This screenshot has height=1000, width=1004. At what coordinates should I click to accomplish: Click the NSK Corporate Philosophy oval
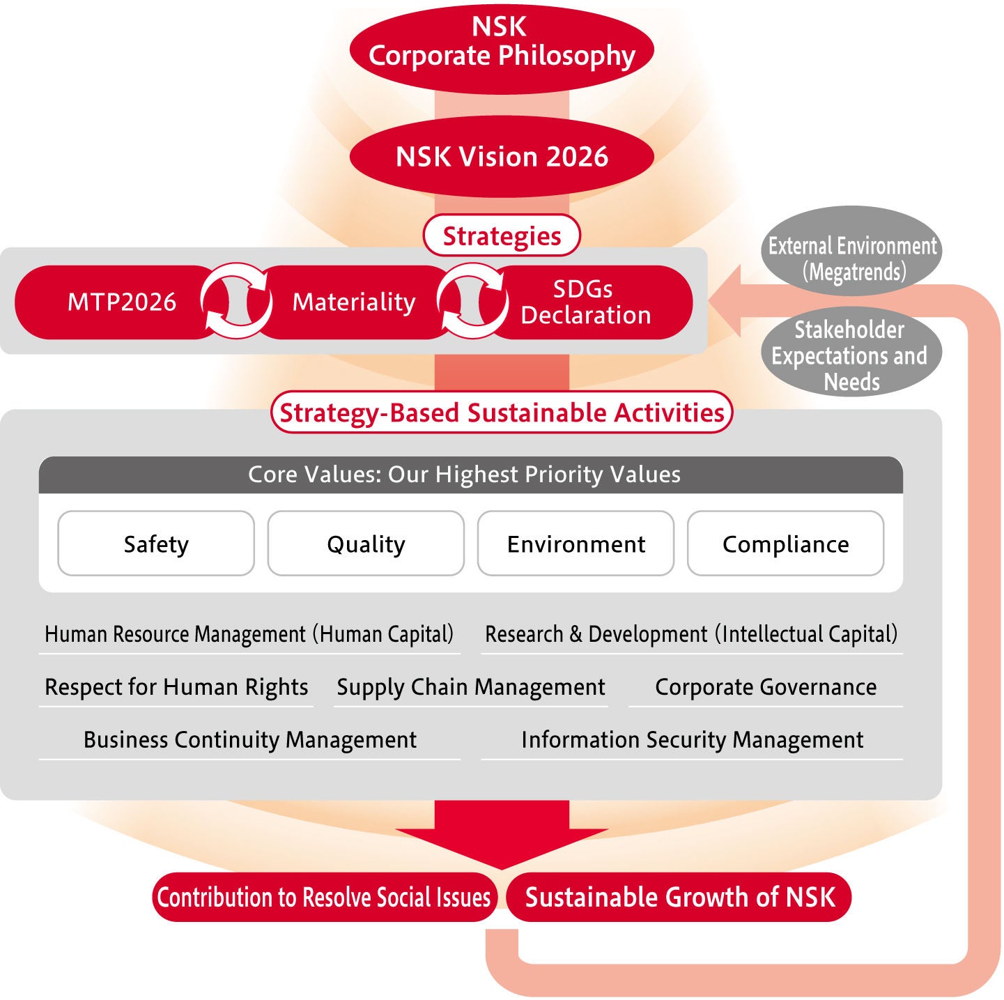(x=502, y=43)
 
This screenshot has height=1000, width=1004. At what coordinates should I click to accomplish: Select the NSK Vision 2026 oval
(x=502, y=157)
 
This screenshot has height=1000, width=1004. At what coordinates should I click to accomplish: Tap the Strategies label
(x=502, y=236)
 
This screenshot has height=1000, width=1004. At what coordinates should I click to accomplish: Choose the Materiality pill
(x=354, y=302)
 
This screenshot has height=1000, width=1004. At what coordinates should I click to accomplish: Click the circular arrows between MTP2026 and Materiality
(x=236, y=301)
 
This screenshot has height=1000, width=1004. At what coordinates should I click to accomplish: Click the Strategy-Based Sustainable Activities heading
(x=502, y=413)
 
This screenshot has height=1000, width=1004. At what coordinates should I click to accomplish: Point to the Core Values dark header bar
(x=470, y=475)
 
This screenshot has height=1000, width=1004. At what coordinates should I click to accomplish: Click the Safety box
(x=156, y=544)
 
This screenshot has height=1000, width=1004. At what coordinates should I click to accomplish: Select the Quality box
(x=366, y=544)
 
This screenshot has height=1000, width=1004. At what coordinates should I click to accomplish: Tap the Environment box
(x=576, y=544)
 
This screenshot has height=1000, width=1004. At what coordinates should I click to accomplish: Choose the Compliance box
(x=785, y=544)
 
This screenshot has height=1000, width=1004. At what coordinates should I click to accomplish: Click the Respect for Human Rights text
(x=176, y=687)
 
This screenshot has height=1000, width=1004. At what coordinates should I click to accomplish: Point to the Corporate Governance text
(x=766, y=687)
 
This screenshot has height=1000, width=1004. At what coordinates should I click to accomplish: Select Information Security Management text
(x=692, y=739)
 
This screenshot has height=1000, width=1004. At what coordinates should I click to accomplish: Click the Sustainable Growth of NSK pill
(x=679, y=897)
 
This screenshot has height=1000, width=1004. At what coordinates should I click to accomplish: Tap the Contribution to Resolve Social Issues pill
(x=324, y=897)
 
